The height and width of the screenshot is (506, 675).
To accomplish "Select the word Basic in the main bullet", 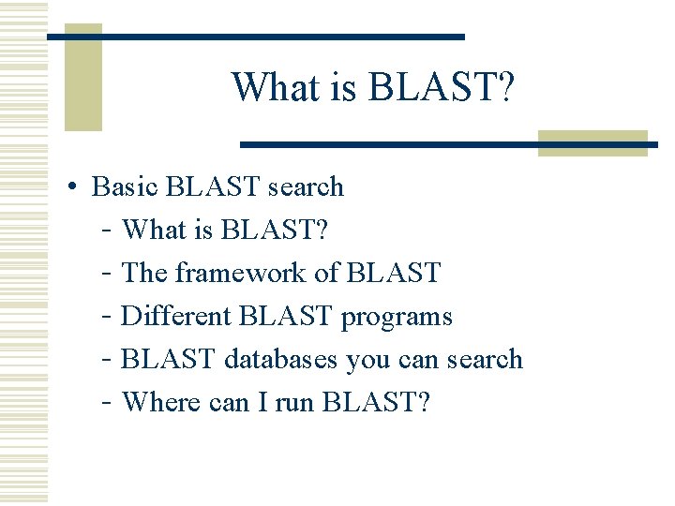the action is (x=126, y=186).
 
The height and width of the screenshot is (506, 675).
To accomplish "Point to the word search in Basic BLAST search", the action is (x=306, y=186).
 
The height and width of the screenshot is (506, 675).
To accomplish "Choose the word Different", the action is (x=176, y=316).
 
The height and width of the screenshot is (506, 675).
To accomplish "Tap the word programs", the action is (x=397, y=316).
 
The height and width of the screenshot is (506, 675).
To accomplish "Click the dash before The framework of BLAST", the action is (x=107, y=273).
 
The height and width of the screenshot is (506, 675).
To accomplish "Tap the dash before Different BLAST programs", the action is (x=107, y=316).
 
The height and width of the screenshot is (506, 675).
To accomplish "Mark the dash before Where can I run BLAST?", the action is (x=107, y=402).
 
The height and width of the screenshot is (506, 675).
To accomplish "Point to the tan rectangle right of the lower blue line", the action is (x=592, y=142).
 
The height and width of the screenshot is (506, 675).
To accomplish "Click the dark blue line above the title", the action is (x=256, y=37).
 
